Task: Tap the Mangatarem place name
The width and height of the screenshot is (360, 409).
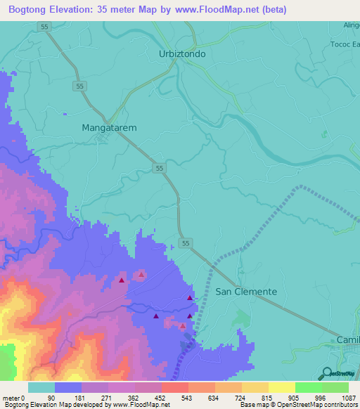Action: tap(109, 128)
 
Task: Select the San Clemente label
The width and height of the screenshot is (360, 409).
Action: tap(245, 291)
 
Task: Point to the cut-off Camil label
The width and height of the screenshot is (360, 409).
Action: tap(347, 340)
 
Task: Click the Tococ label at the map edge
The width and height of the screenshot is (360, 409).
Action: tap(344, 41)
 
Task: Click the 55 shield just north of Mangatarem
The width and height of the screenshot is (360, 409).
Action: tap(80, 86)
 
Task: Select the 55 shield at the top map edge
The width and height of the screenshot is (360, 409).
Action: tap(44, 25)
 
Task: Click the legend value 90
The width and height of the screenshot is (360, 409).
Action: tap(51, 398)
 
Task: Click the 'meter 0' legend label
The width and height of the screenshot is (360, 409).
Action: tap(14, 398)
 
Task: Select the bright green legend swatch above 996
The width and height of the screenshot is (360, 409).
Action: tap(308, 387)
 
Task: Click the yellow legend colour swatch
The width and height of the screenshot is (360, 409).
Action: tap(281, 387)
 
